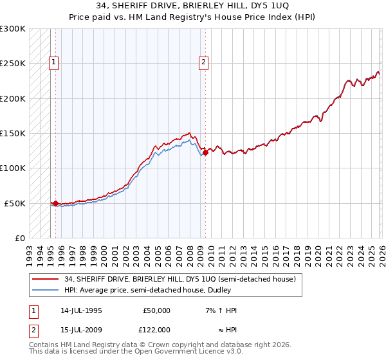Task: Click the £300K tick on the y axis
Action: tap(13, 29)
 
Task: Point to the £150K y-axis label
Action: tap(13, 133)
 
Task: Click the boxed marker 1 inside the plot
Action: tap(53, 62)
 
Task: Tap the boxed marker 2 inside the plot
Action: tap(203, 62)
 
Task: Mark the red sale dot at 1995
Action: tap(56, 203)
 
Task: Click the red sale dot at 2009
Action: tap(205, 153)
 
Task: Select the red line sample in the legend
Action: tap(46, 279)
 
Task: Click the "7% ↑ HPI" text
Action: tap(221, 310)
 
